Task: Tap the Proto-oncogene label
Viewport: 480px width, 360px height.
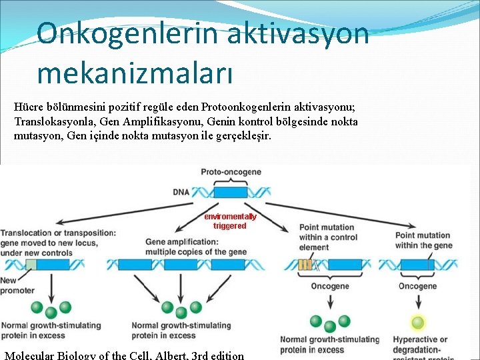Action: point(231,172)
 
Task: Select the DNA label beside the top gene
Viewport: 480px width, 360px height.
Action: point(181,192)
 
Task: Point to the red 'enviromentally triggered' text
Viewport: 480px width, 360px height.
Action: point(230,221)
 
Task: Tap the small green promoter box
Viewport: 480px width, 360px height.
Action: point(31,265)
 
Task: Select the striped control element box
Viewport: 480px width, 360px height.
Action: point(305,265)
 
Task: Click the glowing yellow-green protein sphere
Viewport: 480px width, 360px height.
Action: point(417,323)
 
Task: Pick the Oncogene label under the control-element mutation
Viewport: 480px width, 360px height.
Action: point(329,286)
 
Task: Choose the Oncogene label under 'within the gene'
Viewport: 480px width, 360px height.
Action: point(417,286)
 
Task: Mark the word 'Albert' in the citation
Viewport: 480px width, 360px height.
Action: point(171,355)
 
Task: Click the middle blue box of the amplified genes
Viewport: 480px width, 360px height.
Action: point(182,265)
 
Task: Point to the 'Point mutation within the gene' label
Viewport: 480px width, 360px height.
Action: point(423,240)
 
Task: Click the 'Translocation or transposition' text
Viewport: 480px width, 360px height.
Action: point(58,233)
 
